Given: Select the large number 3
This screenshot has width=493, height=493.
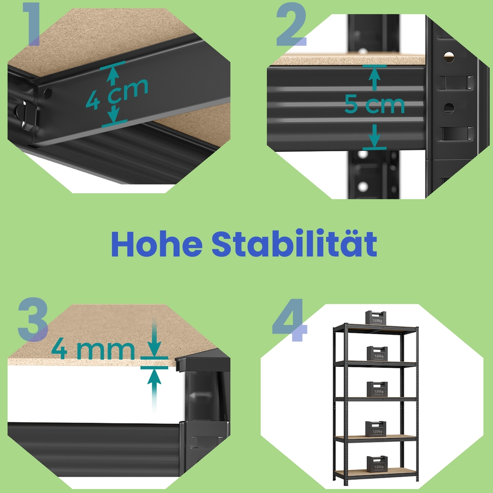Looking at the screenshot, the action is click(33, 319).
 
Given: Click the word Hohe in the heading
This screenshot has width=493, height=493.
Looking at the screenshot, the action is click(157, 245).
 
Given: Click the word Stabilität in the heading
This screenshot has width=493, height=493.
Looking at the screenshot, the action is click(294, 243).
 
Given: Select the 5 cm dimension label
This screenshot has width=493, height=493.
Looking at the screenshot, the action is click(375, 104).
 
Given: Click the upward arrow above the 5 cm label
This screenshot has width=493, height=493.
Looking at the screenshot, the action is click(374, 78).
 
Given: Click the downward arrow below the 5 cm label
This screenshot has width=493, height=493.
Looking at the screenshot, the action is click(374, 136).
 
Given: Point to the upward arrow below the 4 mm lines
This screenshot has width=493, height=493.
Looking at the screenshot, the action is click(154, 390).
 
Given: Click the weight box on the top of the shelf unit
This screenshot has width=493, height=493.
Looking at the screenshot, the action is click(375, 317).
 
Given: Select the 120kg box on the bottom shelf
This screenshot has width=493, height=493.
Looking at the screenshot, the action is click(377, 464).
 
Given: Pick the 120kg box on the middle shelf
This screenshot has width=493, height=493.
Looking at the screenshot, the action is click(377, 389).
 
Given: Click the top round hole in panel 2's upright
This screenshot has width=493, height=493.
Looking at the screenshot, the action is click(449, 57).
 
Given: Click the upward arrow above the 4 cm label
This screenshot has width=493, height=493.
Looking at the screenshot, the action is click(112, 75).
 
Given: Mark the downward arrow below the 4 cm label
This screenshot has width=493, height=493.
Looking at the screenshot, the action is click(114, 114).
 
